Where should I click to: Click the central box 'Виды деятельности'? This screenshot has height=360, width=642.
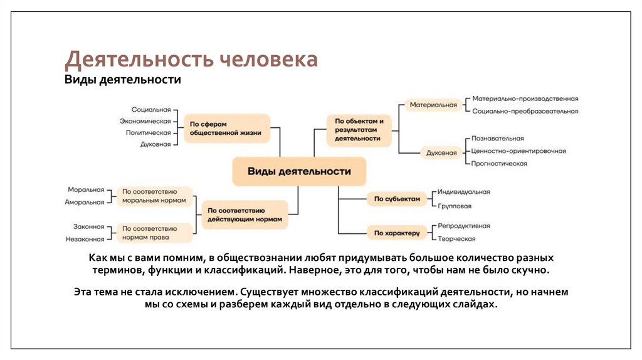(x=299, y=171)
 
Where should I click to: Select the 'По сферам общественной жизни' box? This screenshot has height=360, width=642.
(x=226, y=129)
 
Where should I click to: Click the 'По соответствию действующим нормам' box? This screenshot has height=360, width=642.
(x=244, y=215)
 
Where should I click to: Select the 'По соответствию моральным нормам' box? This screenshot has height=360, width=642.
(x=154, y=196)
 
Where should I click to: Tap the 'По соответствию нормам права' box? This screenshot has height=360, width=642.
(x=154, y=233)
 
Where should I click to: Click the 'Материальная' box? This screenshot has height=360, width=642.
(x=433, y=105)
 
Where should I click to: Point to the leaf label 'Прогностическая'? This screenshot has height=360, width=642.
(x=500, y=164)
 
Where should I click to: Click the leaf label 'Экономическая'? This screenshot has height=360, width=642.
(x=145, y=121)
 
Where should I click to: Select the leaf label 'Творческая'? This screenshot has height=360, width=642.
(x=456, y=239)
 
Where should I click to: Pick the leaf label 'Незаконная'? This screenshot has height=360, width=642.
(x=85, y=239)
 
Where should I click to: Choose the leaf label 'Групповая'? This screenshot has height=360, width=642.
(x=455, y=206)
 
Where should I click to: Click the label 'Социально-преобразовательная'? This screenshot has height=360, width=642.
(x=525, y=111)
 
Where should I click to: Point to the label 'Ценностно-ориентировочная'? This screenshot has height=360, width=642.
(x=519, y=151)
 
